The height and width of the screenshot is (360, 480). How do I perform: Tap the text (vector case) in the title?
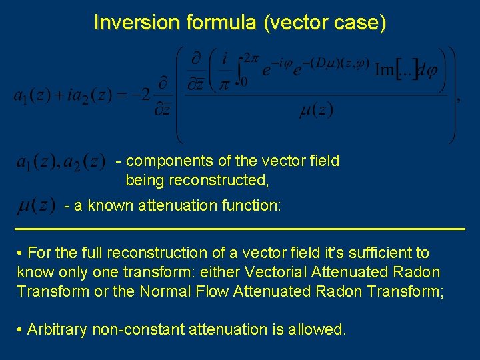(325, 23)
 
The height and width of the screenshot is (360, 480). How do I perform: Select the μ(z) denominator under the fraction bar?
(315, 109)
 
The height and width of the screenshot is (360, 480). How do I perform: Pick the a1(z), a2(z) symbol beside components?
(60, 161)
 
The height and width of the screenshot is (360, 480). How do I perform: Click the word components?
(166, 161)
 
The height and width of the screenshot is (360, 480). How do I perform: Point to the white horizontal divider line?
(240, 229)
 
